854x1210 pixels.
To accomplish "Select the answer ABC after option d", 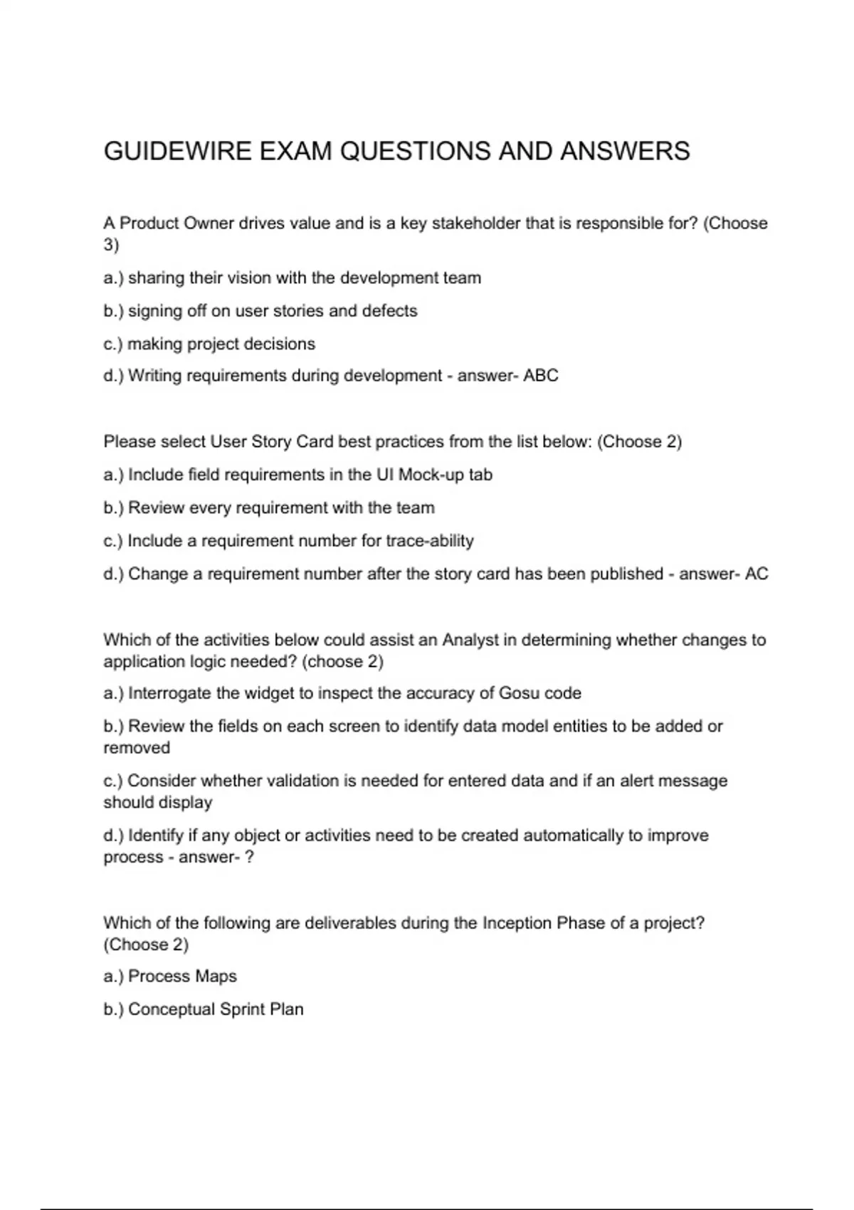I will tap(541, 375).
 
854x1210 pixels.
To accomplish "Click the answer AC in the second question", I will tap(757, 574).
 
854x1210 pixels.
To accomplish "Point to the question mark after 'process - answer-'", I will tap(249, 857).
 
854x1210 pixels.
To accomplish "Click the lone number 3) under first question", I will tap(111, 245).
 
